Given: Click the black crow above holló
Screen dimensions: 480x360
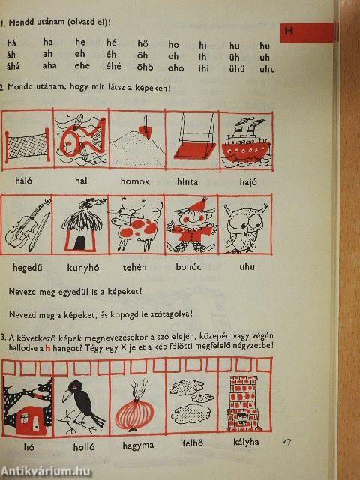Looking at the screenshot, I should pos(82,405).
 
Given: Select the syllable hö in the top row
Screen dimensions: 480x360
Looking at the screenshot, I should pos(143,44).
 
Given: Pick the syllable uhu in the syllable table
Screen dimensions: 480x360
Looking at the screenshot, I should pos(266,69).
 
